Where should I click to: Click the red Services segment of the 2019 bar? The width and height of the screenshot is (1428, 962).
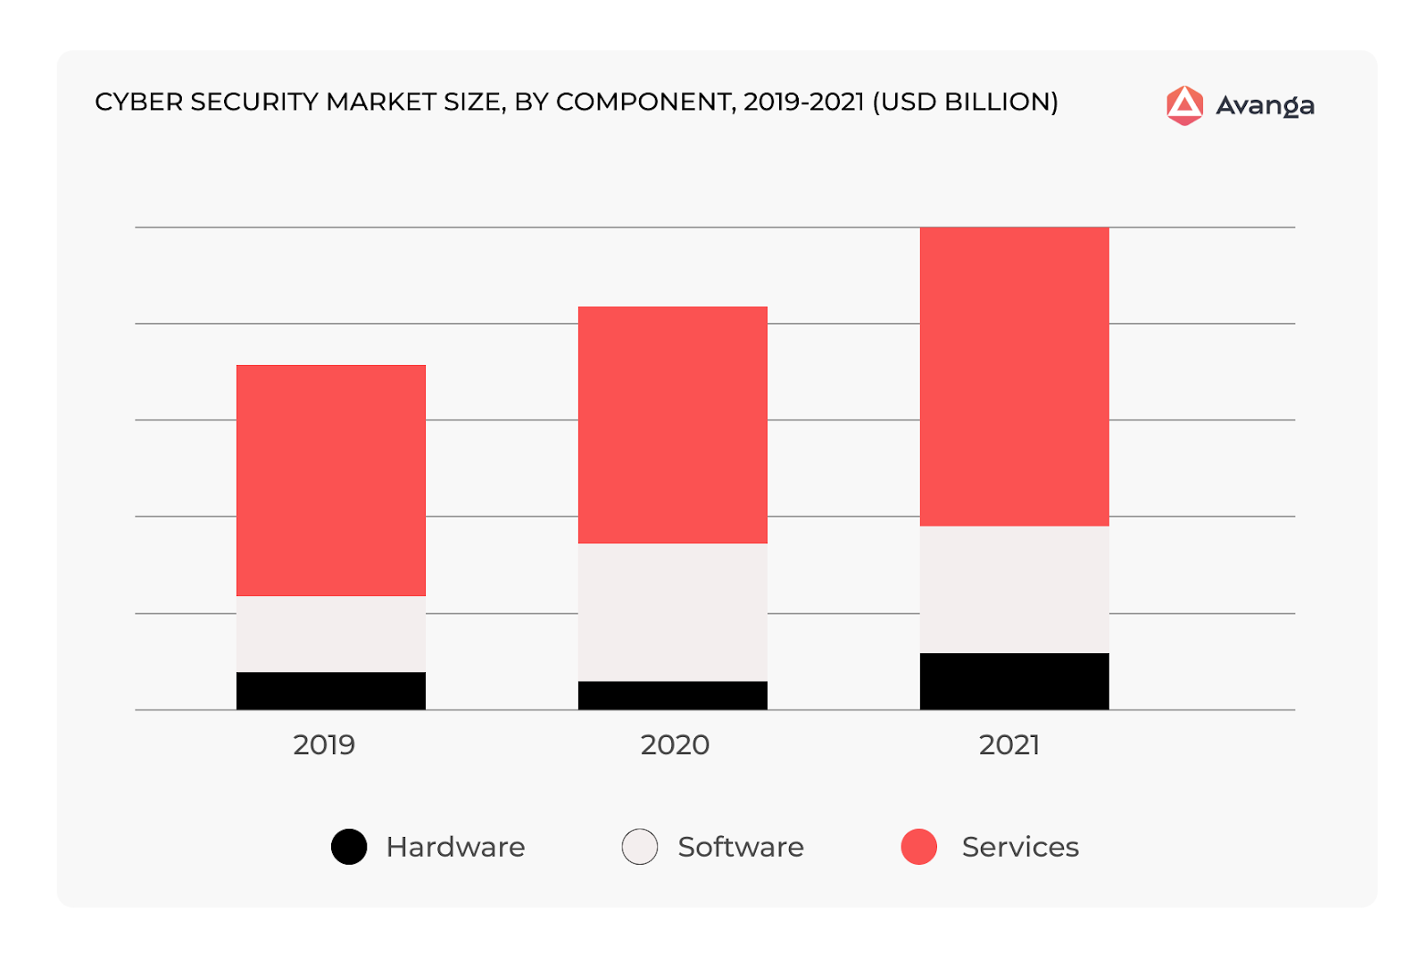(330, 480)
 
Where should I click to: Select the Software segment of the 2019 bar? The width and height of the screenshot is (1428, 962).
(330, 634)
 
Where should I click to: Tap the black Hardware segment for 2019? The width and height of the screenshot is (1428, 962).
(330, 691)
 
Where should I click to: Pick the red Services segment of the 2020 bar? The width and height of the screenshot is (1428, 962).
(672, 425)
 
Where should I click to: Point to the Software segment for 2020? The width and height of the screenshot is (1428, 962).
(672, 612)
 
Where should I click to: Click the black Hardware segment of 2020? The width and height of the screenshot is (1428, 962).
(672, 695)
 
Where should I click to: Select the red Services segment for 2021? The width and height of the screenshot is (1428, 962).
(1014, 377)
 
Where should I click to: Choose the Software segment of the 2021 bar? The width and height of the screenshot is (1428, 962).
(1014, 589)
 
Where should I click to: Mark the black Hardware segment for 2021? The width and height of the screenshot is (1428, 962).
(1014, 681)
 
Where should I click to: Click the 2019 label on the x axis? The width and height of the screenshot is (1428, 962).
(324, 744)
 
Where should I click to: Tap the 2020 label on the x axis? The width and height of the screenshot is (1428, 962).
(675, 744)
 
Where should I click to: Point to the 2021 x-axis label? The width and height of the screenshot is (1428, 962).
(1009, 744)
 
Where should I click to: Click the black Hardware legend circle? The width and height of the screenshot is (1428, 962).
(349, 847)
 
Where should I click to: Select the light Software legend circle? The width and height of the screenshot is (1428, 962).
(640, 847)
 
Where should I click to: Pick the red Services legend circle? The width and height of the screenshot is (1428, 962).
(919, 847)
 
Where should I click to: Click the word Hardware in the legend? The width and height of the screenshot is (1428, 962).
(455, 847)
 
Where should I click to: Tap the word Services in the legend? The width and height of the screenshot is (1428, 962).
(1020, 847)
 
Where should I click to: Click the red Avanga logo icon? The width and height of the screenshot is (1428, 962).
(1184, 105)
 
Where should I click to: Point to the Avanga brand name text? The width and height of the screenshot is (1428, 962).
(1265, 106)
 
